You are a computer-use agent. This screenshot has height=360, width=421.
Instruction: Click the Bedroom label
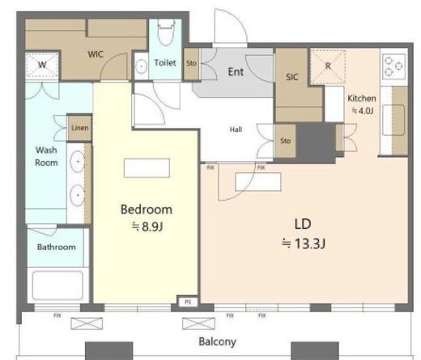point(147,210)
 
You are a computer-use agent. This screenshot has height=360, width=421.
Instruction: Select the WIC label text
point(96,54)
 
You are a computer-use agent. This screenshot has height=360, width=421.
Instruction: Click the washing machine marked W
point(42,65)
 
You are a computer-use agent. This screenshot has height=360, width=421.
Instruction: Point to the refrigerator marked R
point(328,66)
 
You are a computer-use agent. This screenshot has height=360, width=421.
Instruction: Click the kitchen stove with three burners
point(393,66)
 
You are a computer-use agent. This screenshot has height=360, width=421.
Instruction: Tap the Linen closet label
point(80,128)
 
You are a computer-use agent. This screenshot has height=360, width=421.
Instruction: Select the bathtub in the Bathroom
point(57,286)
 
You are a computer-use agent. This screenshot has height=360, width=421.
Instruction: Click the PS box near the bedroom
point(188,302)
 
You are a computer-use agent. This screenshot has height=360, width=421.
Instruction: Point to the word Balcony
point(217,341)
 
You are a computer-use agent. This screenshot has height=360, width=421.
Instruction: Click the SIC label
point(292,77)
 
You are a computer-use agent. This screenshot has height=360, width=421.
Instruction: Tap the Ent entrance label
point(236,72)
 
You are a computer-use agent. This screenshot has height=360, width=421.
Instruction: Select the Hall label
point(236,129)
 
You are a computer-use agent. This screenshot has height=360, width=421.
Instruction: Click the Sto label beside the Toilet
point(191,63)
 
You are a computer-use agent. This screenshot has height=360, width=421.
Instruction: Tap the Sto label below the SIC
point(285,141)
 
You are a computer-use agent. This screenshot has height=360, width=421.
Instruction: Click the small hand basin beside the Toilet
point(141,66)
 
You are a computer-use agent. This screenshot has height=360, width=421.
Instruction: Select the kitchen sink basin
point(393,120)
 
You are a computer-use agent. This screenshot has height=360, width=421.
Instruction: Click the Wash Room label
point(46,156)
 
